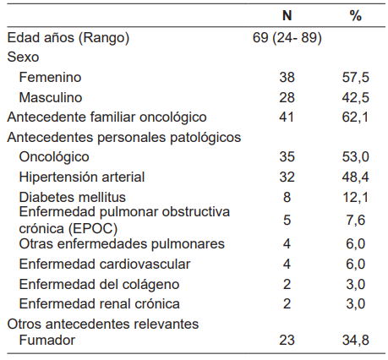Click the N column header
287,16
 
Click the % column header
355,16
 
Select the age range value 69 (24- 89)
287,37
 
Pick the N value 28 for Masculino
287,97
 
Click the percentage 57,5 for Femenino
355,77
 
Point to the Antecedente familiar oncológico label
107,117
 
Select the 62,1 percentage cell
355,117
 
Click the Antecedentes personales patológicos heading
124,137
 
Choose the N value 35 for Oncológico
287,156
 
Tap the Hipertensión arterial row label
82,177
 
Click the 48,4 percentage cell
355,177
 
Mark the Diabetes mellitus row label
70,197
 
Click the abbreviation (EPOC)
93,228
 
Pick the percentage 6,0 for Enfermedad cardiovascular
355,263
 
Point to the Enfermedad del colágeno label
86,283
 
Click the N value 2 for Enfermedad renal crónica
287,303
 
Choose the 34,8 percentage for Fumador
355,342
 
